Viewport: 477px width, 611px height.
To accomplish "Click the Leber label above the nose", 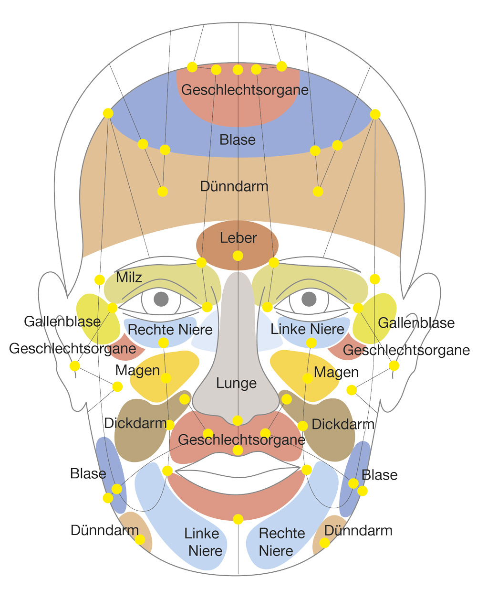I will pos(238,238).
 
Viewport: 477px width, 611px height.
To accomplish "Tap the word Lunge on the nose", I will pos(236,383).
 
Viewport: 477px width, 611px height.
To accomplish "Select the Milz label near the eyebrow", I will pos(129,277).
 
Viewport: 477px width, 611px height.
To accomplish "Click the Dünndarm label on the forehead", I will pos(234,186).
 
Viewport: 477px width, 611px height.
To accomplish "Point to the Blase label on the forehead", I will pos(238,140).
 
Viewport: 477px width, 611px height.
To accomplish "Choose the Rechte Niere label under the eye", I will pos(170,330).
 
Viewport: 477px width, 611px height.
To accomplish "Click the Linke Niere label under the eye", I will pos(307,329).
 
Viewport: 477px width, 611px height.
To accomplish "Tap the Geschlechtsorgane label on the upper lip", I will pos(241,440).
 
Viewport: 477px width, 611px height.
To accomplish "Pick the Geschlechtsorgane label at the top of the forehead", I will pos(245,90).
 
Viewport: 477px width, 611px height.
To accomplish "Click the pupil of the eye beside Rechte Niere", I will pos(161,300).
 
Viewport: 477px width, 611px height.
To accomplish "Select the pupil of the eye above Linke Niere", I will pos(309,300).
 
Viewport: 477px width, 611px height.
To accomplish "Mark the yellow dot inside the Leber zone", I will pos(238,256).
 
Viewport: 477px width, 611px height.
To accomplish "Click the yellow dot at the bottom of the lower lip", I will pos(238,519).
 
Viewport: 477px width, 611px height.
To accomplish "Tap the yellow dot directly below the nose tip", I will pos(238,420).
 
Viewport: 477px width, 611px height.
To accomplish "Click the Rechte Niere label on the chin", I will pos(281,542).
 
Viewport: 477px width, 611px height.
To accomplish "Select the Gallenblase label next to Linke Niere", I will pos(416,323).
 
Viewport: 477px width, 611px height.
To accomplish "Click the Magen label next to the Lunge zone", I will pos(336,373).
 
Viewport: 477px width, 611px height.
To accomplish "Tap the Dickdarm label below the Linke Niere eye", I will pos(342,424).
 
